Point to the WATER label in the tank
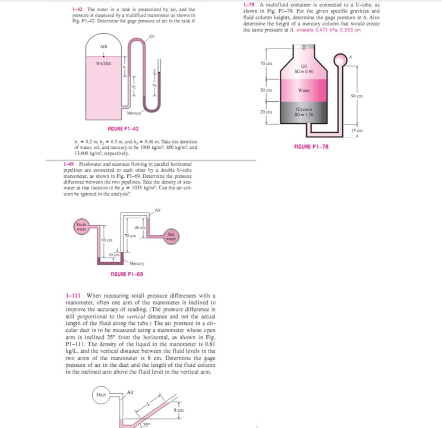tap(104, 63)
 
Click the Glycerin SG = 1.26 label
tap(314, 112)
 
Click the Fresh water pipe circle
tap(81, 227)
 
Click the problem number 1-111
tap(72, 296)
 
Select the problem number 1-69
tap(68, 164)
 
